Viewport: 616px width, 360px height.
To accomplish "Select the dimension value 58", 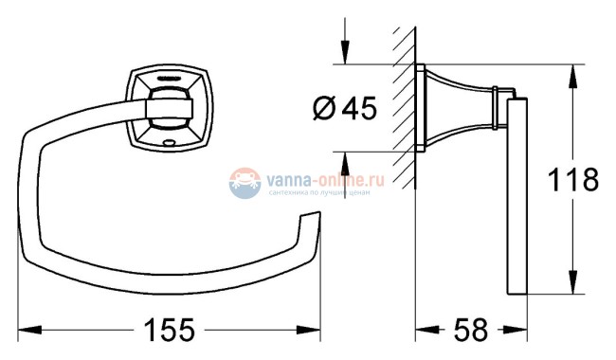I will pos(471,330).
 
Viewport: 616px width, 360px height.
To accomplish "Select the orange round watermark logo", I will pos(245,180).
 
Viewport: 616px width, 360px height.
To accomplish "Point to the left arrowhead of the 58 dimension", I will pos(425,330).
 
